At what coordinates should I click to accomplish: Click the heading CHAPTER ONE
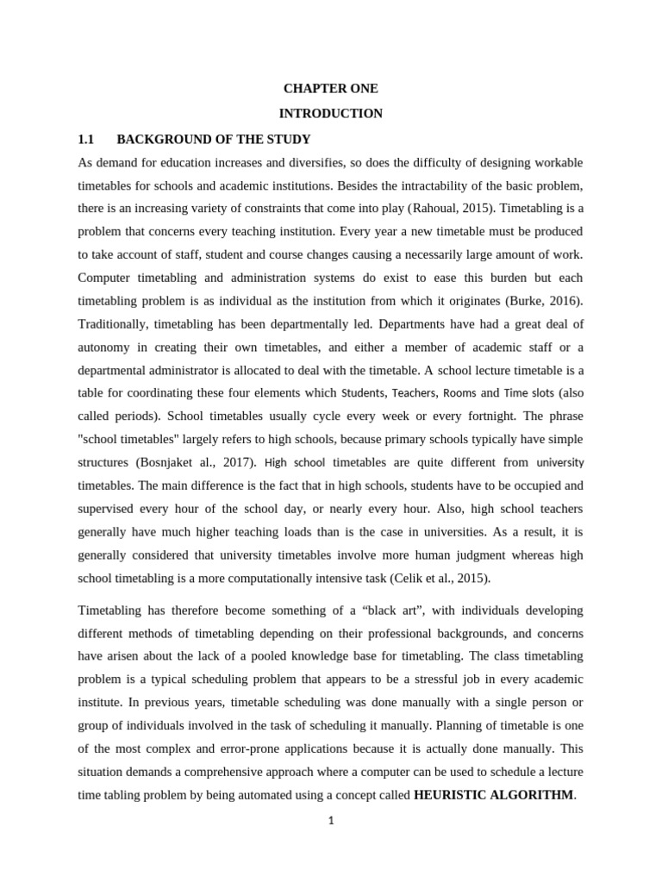[x=330, y=89]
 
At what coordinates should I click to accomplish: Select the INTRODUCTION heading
[x=330, y=114]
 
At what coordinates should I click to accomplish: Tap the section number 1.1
[x=84, y=139]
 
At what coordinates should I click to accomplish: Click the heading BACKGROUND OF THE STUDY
[x=213, y=139]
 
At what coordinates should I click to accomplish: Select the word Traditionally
[x=112, y=324]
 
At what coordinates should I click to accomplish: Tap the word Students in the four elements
[x=364, y=393]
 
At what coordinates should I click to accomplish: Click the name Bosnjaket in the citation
[x=180, y=463]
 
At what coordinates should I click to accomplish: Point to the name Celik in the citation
[x=440, y=579]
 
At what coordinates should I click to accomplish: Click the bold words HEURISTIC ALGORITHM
[x=493, y=795]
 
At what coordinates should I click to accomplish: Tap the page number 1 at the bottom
[x=330, y=821]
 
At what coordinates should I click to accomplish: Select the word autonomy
[x=104, y=348]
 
